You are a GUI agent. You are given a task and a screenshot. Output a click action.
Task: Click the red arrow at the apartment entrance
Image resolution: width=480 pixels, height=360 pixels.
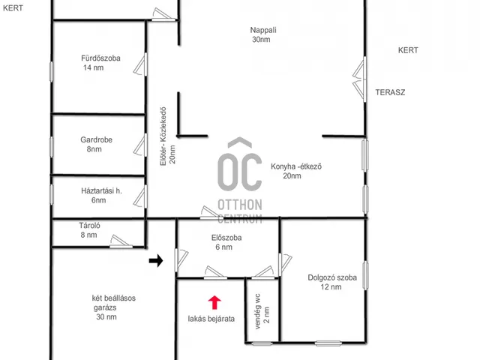point(214,302)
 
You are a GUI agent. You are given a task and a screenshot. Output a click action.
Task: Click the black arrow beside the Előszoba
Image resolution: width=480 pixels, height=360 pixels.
point(156,260)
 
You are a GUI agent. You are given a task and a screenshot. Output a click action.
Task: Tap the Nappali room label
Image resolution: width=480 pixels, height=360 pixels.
point(263,30)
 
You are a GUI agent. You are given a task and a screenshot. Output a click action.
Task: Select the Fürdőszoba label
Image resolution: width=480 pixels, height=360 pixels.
point(100,58)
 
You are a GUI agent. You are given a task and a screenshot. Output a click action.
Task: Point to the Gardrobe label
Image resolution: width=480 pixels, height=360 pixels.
point(96,139)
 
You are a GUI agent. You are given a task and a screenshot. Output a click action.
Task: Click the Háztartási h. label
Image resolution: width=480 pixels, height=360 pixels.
point(101,190)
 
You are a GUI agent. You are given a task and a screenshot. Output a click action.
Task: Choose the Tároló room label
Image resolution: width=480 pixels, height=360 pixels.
point(89,226)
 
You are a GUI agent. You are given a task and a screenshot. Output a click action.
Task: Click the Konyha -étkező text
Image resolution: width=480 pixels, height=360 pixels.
point(296,166)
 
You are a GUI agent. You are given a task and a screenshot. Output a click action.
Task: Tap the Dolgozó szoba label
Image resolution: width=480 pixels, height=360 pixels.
point(332,277)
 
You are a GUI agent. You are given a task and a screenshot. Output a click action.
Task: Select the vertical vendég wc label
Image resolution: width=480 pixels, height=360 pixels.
point(257,311)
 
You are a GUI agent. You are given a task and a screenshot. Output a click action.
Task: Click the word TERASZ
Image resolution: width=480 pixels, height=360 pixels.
point(390,92)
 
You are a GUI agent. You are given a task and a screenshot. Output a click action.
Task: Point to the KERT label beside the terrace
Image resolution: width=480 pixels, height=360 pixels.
point(408,50)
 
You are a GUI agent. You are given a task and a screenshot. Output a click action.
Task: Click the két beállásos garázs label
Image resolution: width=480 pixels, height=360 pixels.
point(113,298)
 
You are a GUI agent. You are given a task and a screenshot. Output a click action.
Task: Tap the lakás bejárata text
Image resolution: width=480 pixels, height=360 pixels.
point(211,319)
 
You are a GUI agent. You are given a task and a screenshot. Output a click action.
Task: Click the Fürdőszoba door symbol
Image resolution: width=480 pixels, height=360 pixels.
point(141,64)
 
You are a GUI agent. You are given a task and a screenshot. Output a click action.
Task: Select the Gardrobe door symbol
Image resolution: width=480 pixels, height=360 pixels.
point(141,145)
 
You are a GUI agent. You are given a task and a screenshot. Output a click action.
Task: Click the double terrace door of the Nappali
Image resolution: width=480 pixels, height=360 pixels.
point(360,79)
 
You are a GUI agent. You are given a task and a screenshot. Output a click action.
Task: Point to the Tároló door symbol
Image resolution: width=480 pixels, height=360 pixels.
point(121,241)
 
